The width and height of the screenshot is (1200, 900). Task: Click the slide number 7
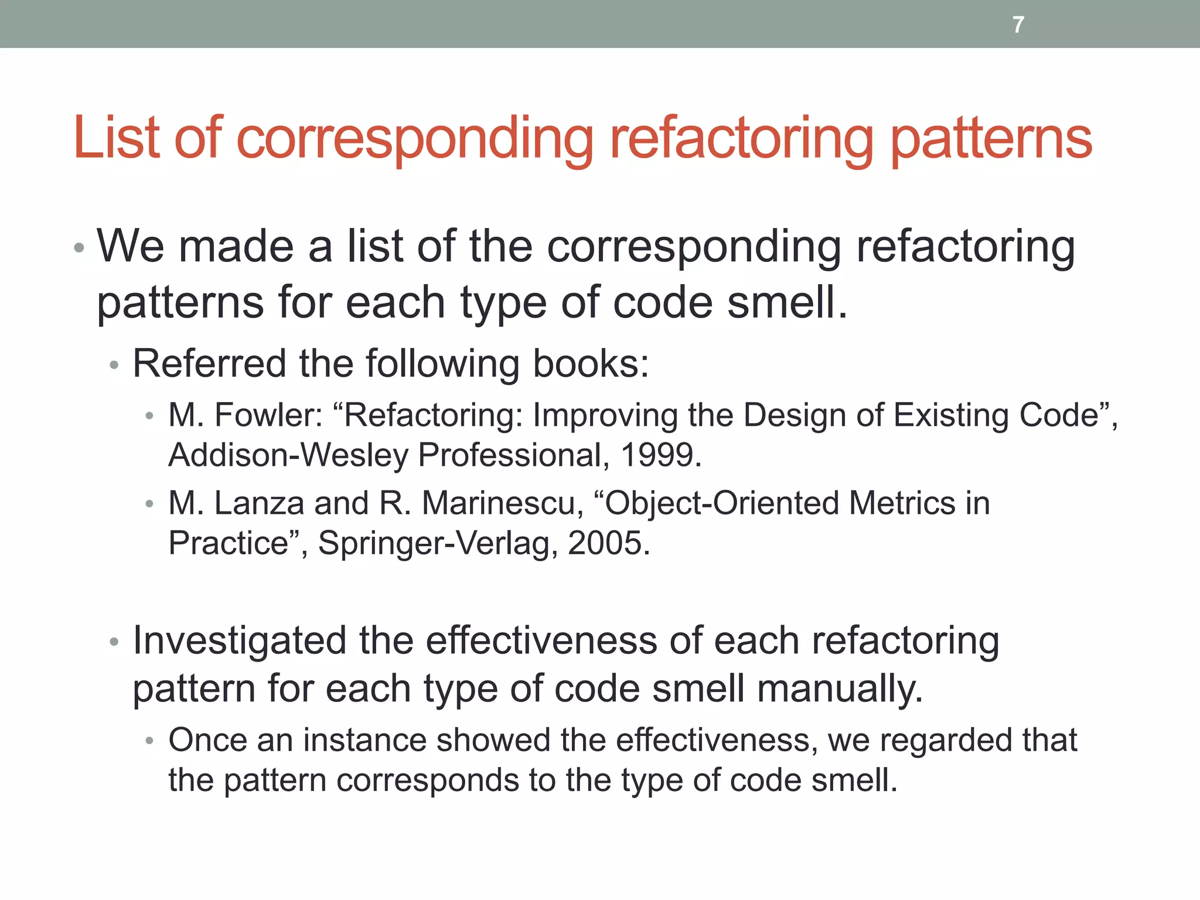pyautogui.click(x=1018, y=25)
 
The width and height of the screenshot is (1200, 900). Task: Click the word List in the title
pyautogui.click(x=116, y=138)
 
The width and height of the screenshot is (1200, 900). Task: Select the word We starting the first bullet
pyautogui.click(x=131, y=246)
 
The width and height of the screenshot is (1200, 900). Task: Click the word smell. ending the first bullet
pyautogui.click(x=787, y=303)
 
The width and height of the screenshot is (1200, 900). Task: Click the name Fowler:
pyautogui.click(x=269, y=415)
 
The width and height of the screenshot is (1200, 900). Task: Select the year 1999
pyautogui.click(x=660, y=455)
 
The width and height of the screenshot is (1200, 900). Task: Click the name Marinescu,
pyautogui.click(x=503, y=503)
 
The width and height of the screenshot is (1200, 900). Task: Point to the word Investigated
pyautogui.click(x=239, y=640)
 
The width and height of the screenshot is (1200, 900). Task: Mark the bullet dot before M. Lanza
pyautogui.click(x=150, y=504)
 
